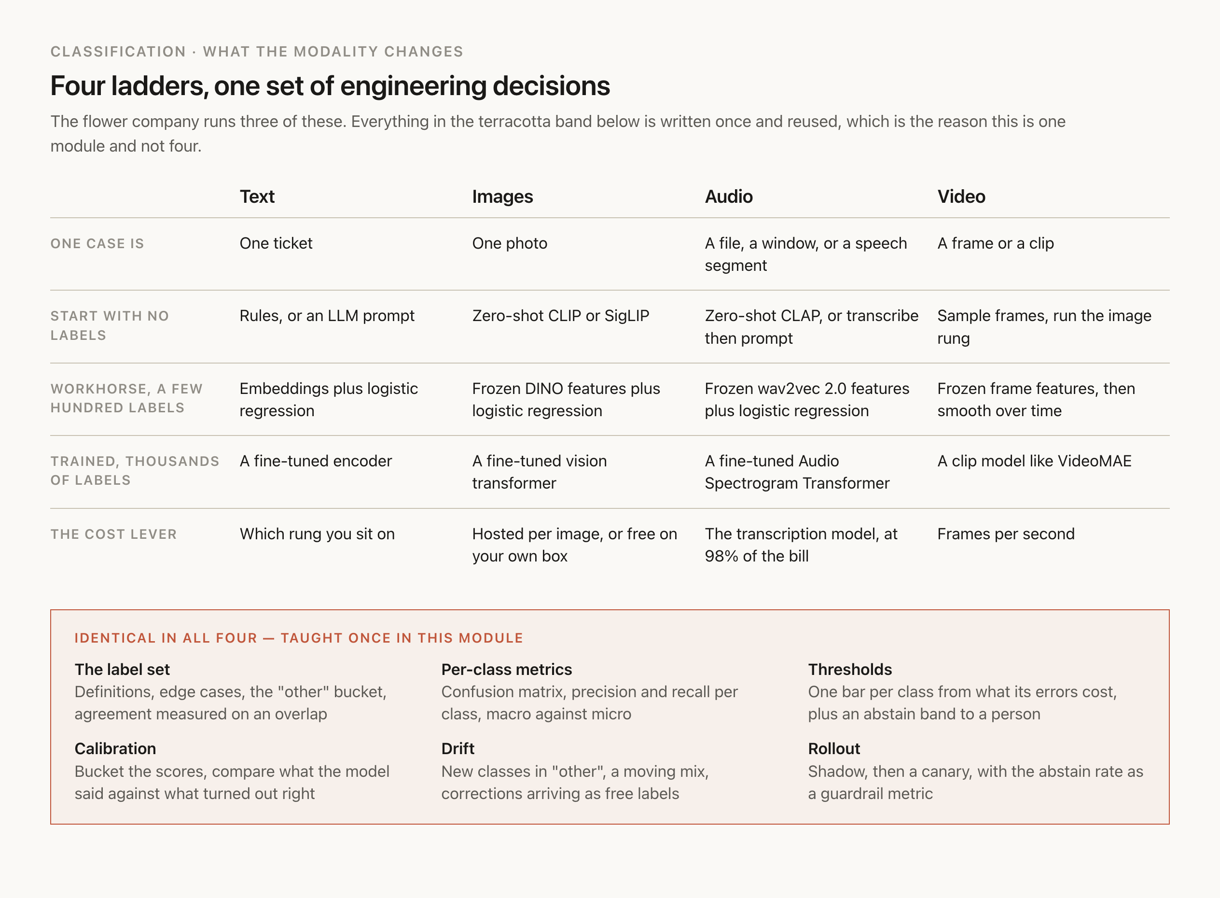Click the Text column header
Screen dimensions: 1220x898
coord(257,196)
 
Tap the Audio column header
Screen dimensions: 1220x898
coord(729,196)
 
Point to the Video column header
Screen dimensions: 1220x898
coord(961,196)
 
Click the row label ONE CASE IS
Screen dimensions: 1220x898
coord(97,243)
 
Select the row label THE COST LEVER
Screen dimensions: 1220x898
coord(113,534)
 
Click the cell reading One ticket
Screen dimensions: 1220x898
coord(276,243)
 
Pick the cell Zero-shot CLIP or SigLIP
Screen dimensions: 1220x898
coord(561,316)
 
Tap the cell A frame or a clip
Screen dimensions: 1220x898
coord(996,243)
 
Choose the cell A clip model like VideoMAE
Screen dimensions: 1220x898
coord(1035,461)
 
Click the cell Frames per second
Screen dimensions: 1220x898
coord(1006,534)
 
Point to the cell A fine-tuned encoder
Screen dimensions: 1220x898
coord(316,461)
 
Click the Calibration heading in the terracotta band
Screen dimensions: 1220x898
coord(115,748)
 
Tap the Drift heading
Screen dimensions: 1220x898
coord(457,748)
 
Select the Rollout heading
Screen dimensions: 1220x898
coord(833,748)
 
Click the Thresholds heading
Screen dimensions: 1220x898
coord(850,669)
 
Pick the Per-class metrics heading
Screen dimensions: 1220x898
coord(506,669)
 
